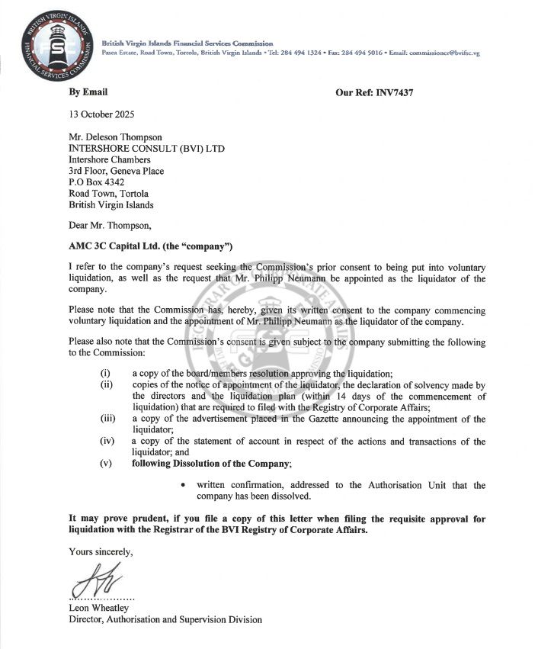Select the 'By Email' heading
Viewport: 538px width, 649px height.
[88, 92]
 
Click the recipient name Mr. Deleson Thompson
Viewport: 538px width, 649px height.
[115, 137]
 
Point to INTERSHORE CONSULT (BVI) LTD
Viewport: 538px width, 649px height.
[137, 149]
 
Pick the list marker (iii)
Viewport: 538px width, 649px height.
[107, 419]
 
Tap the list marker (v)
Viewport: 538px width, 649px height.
[106, 464]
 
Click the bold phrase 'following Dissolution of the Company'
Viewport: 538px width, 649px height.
[211, 464]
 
